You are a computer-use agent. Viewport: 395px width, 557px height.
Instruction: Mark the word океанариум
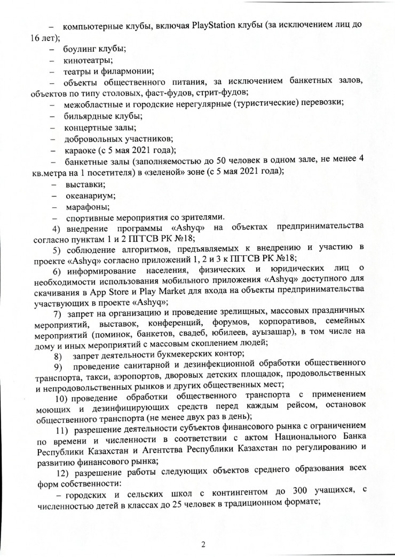click(x=90, y=196)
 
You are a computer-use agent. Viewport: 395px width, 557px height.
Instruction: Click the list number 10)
click(x=62, y=398)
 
